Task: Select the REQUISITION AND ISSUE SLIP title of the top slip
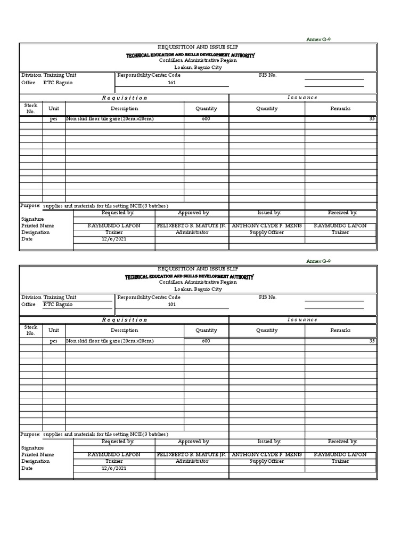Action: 198,47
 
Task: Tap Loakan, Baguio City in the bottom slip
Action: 198,289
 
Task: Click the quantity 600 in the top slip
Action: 206,119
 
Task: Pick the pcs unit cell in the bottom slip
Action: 54,341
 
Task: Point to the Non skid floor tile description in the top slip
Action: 110,119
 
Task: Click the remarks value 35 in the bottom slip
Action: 372,341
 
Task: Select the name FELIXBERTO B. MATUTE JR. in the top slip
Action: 192,226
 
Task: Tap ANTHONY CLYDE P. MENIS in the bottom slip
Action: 267,454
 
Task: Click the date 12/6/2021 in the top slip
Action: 114,239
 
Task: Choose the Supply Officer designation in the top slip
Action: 267,232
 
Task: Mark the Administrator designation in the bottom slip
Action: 192,461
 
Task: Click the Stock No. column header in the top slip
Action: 31,108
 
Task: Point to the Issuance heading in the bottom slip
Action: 302,320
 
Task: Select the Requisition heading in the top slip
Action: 124,98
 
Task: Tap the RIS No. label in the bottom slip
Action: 267,297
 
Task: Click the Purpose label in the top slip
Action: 30,205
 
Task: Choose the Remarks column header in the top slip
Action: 340,108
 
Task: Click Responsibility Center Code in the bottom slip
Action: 149,297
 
